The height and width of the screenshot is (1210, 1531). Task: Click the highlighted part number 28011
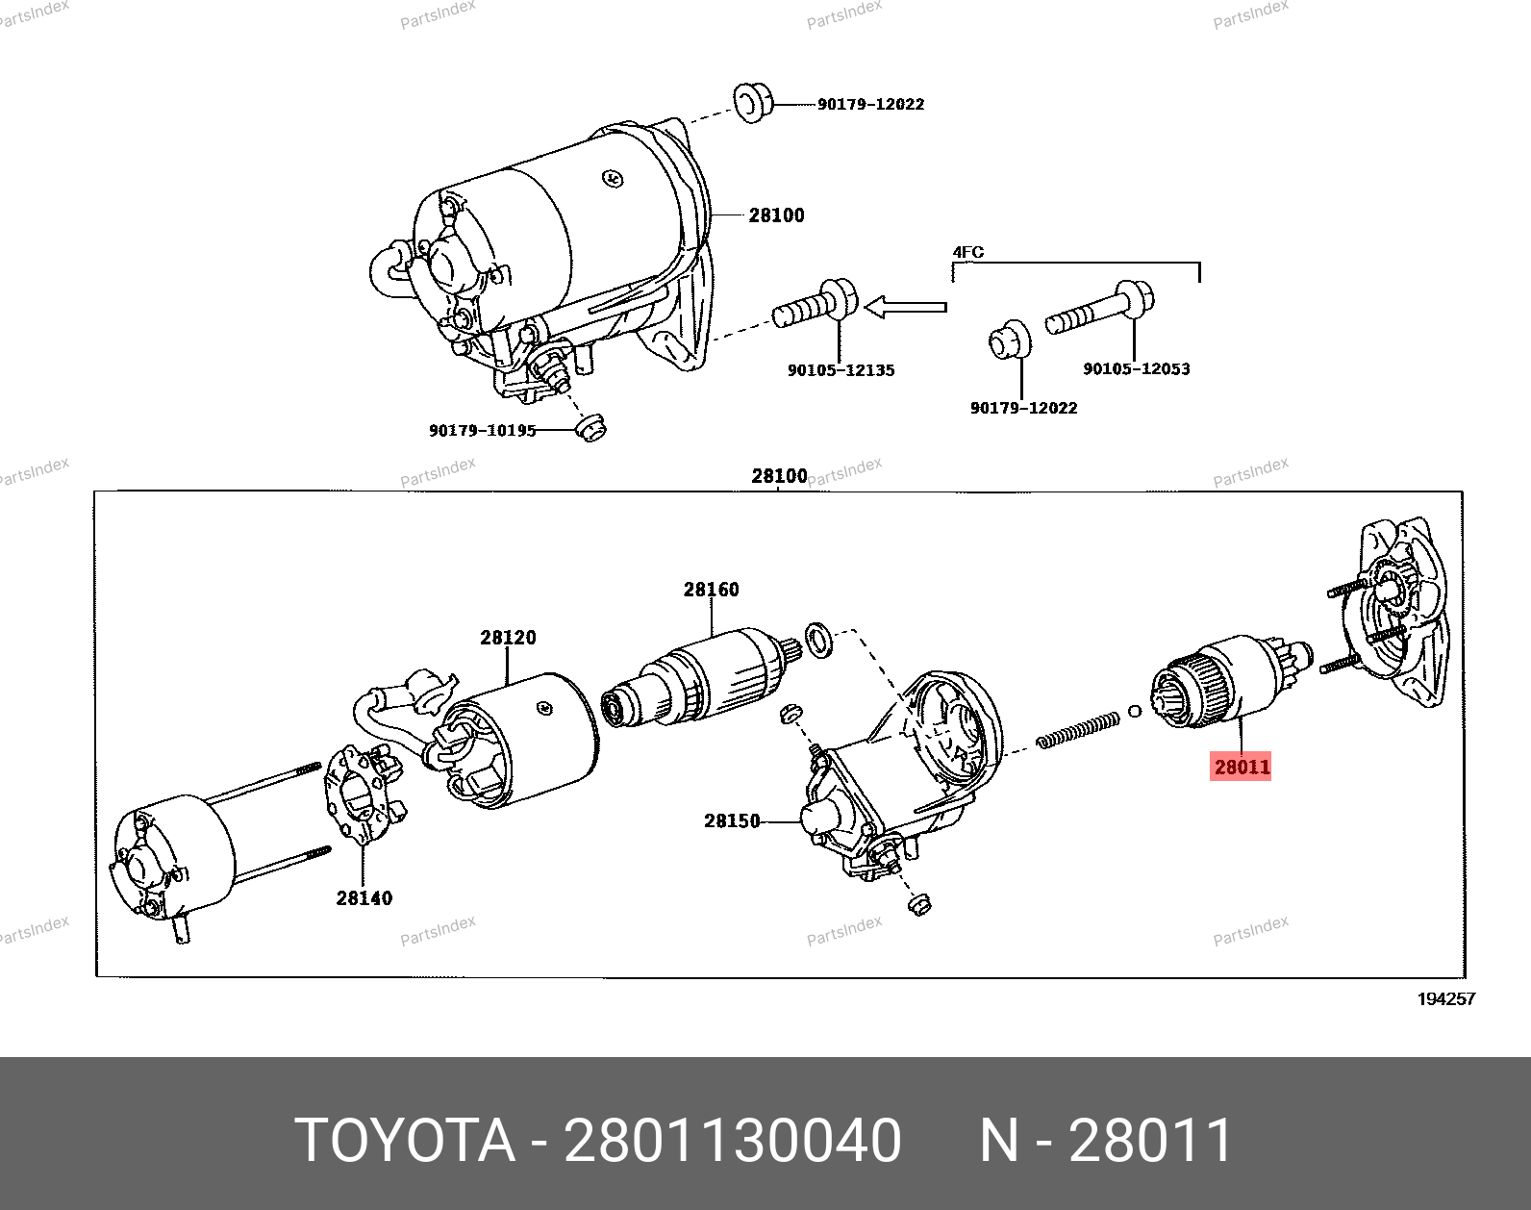coord(1241,767)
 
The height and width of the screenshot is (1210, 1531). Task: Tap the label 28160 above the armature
coord(711,590)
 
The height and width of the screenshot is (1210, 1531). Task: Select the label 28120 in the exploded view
coord(508,638)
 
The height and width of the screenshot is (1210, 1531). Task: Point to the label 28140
coord(364,898)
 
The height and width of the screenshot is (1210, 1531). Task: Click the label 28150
coord(731,820)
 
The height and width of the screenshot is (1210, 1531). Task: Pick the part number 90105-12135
coord(841,370)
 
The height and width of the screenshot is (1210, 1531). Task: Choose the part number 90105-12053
coord(1136,369)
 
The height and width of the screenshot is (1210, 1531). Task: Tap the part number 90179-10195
coord(482,431)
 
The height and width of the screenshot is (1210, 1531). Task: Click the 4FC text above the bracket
coord(967,253)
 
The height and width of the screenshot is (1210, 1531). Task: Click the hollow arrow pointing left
coord(905,308)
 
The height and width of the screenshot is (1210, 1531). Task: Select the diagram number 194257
coord(1445,999)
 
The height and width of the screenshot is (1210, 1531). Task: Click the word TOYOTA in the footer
coord(405,1141)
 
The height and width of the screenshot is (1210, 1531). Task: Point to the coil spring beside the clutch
coord(1078,728)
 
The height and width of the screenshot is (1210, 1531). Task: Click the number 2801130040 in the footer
coord(732,1141)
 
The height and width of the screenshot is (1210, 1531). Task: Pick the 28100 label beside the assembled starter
coord(776,215)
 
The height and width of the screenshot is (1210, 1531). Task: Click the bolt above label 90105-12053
coord(1101,307)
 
